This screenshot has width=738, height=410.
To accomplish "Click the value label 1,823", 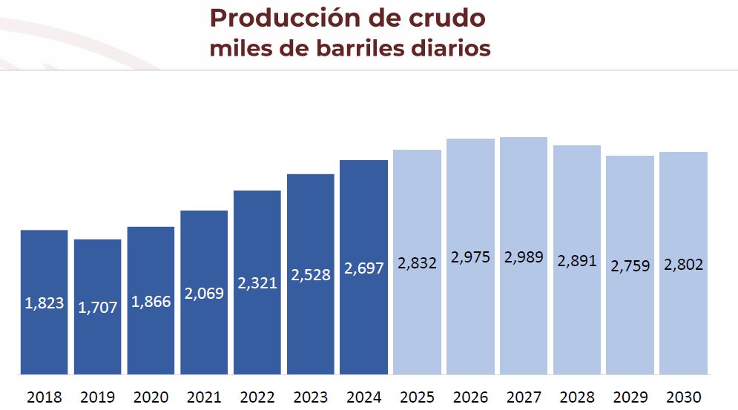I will [x=45, y=302].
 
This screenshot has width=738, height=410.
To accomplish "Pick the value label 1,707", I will [x=98, y=307].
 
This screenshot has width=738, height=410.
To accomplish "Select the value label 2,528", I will [x=311, y=274].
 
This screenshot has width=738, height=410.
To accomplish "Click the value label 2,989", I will [x=524, y=257].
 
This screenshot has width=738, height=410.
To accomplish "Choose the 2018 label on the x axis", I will [x=45, y=397].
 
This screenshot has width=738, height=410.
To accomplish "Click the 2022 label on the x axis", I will [x=257, y=397].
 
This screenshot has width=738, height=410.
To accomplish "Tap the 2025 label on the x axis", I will [x=417, y=397].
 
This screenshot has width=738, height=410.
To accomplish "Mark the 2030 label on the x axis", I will [x=683, y=397].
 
